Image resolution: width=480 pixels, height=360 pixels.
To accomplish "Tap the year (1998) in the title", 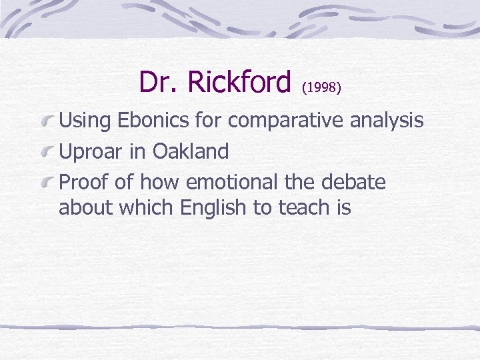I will (x=322, y=87).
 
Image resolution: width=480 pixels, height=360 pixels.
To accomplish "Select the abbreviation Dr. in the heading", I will (x=159, y=83).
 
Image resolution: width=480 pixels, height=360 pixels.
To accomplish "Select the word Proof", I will (x=83, y=183).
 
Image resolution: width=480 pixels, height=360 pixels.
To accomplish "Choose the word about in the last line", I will (x=87, y=208).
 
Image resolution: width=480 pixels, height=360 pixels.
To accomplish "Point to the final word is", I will (x=343, y=208).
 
